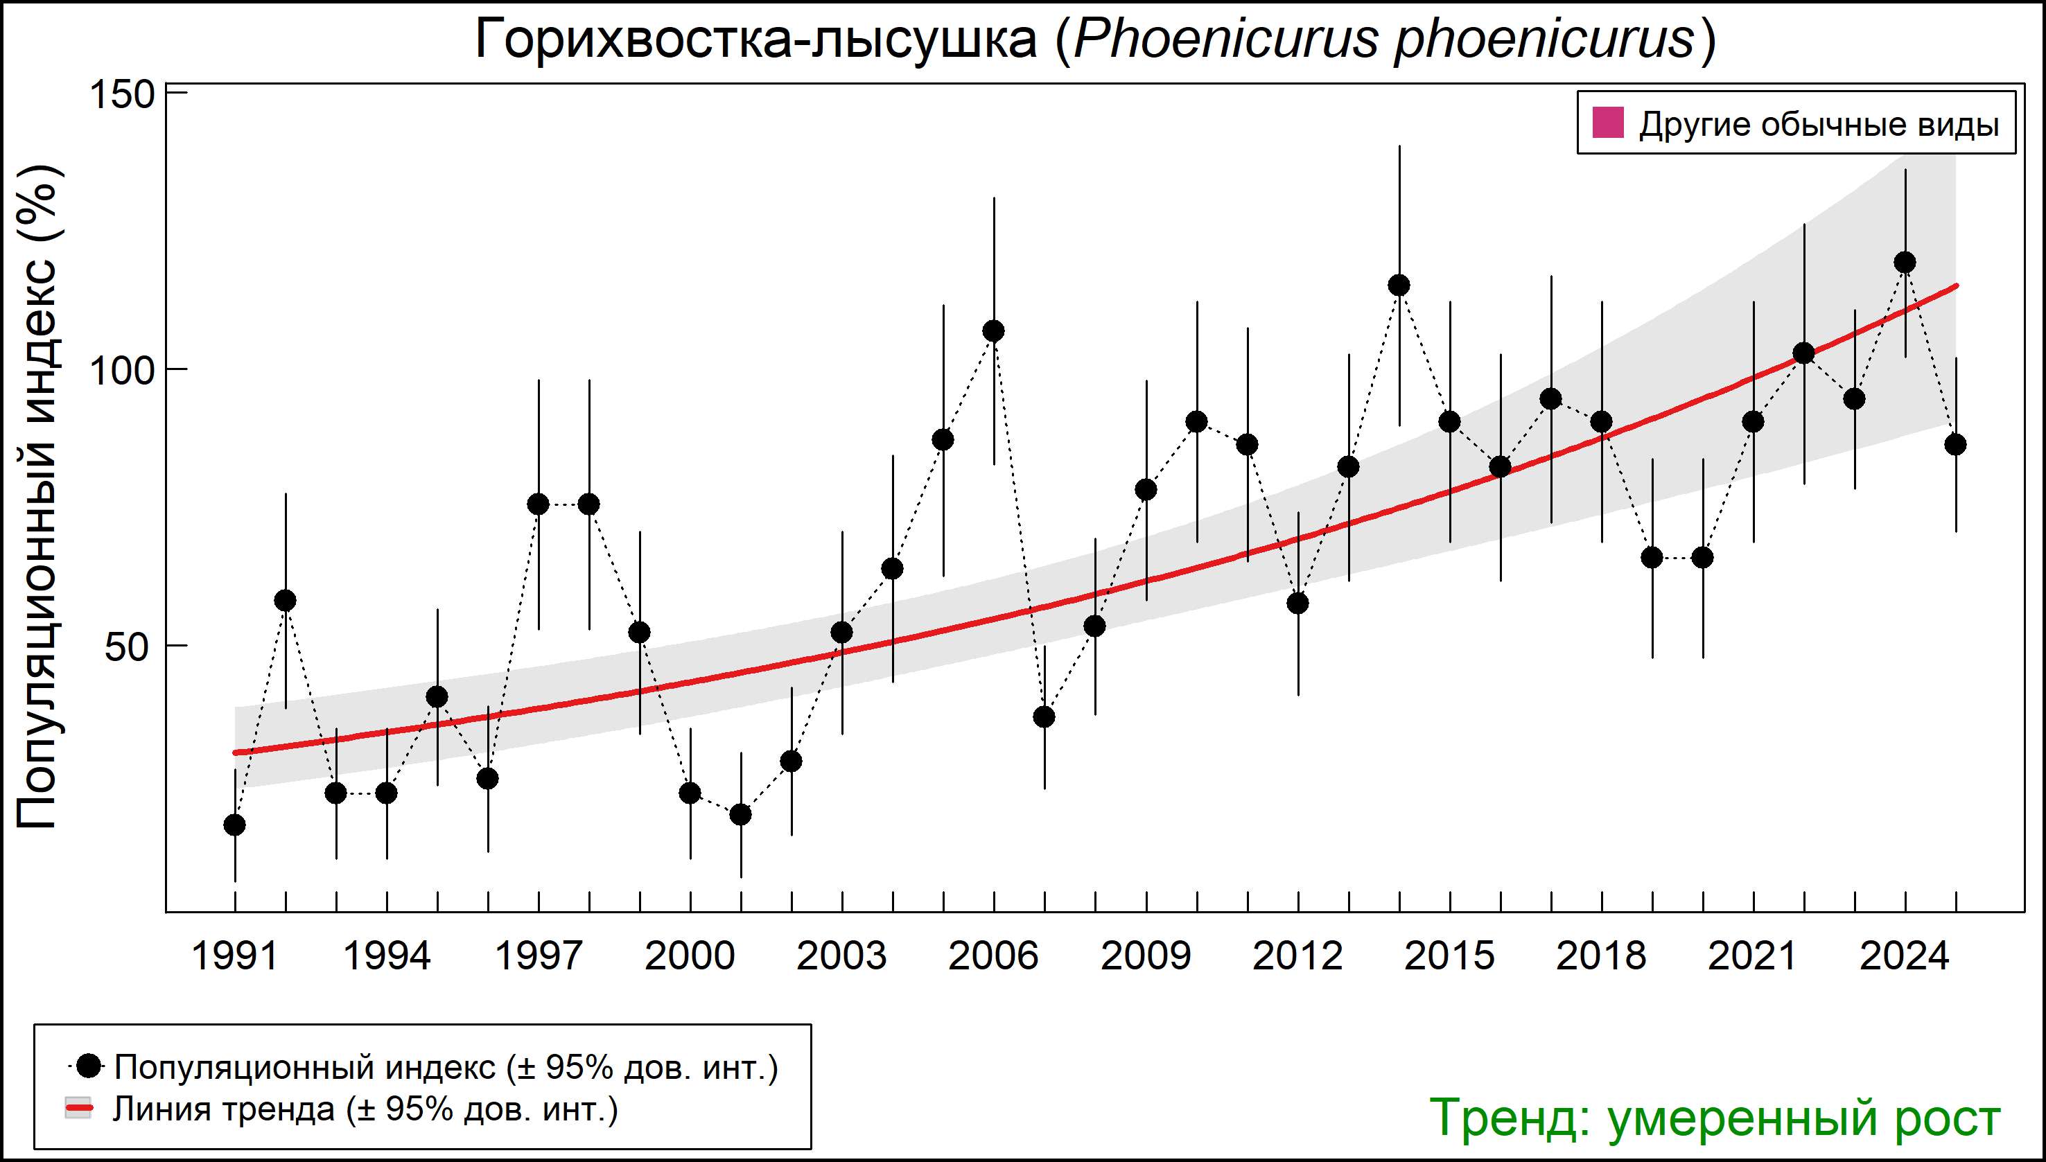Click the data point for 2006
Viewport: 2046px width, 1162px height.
click(994, 331)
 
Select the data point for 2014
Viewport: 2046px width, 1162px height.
click(1399, 285)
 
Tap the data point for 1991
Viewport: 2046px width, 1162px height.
click(235, 825)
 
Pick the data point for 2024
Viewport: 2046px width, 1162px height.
click(1905, 262)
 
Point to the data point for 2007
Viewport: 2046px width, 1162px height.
click(1044, 716)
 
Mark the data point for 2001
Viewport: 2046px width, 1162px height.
click(741, 814)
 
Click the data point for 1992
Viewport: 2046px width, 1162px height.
click(285, 600)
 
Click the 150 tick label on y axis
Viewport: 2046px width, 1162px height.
click(121, 94)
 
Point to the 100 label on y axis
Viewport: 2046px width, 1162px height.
click(121, 370)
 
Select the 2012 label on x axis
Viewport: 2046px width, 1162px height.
click(1297, 956)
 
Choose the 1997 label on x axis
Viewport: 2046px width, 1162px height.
click(539, 956)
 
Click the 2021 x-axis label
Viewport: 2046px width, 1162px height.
click(1753, 956)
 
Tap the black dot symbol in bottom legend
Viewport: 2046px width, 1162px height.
click(90, 1066)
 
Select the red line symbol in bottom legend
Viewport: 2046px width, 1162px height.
click(78, 1108)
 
